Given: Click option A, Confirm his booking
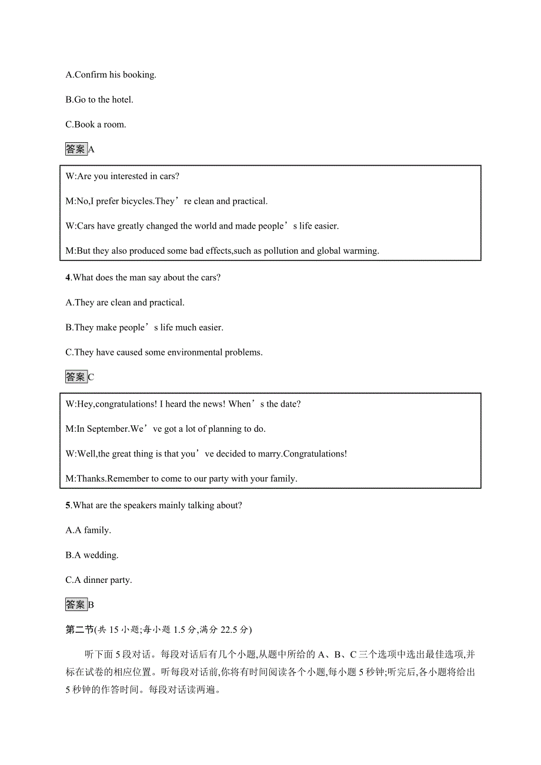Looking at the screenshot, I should point(111,75).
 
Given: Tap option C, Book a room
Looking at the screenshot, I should point(96,125).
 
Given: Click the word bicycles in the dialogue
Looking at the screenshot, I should point(137,202).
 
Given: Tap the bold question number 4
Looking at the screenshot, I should point(68,278).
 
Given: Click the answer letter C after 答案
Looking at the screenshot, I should point(91,377).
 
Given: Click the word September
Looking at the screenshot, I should point(107,429).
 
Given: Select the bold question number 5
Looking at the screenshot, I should point(68,505).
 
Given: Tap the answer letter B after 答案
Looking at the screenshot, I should point(91,605).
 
